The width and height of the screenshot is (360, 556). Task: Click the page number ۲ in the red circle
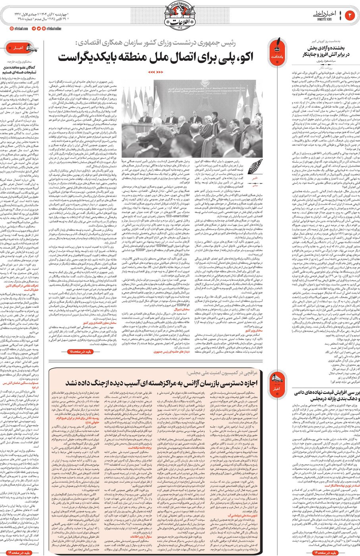point(350,15)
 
